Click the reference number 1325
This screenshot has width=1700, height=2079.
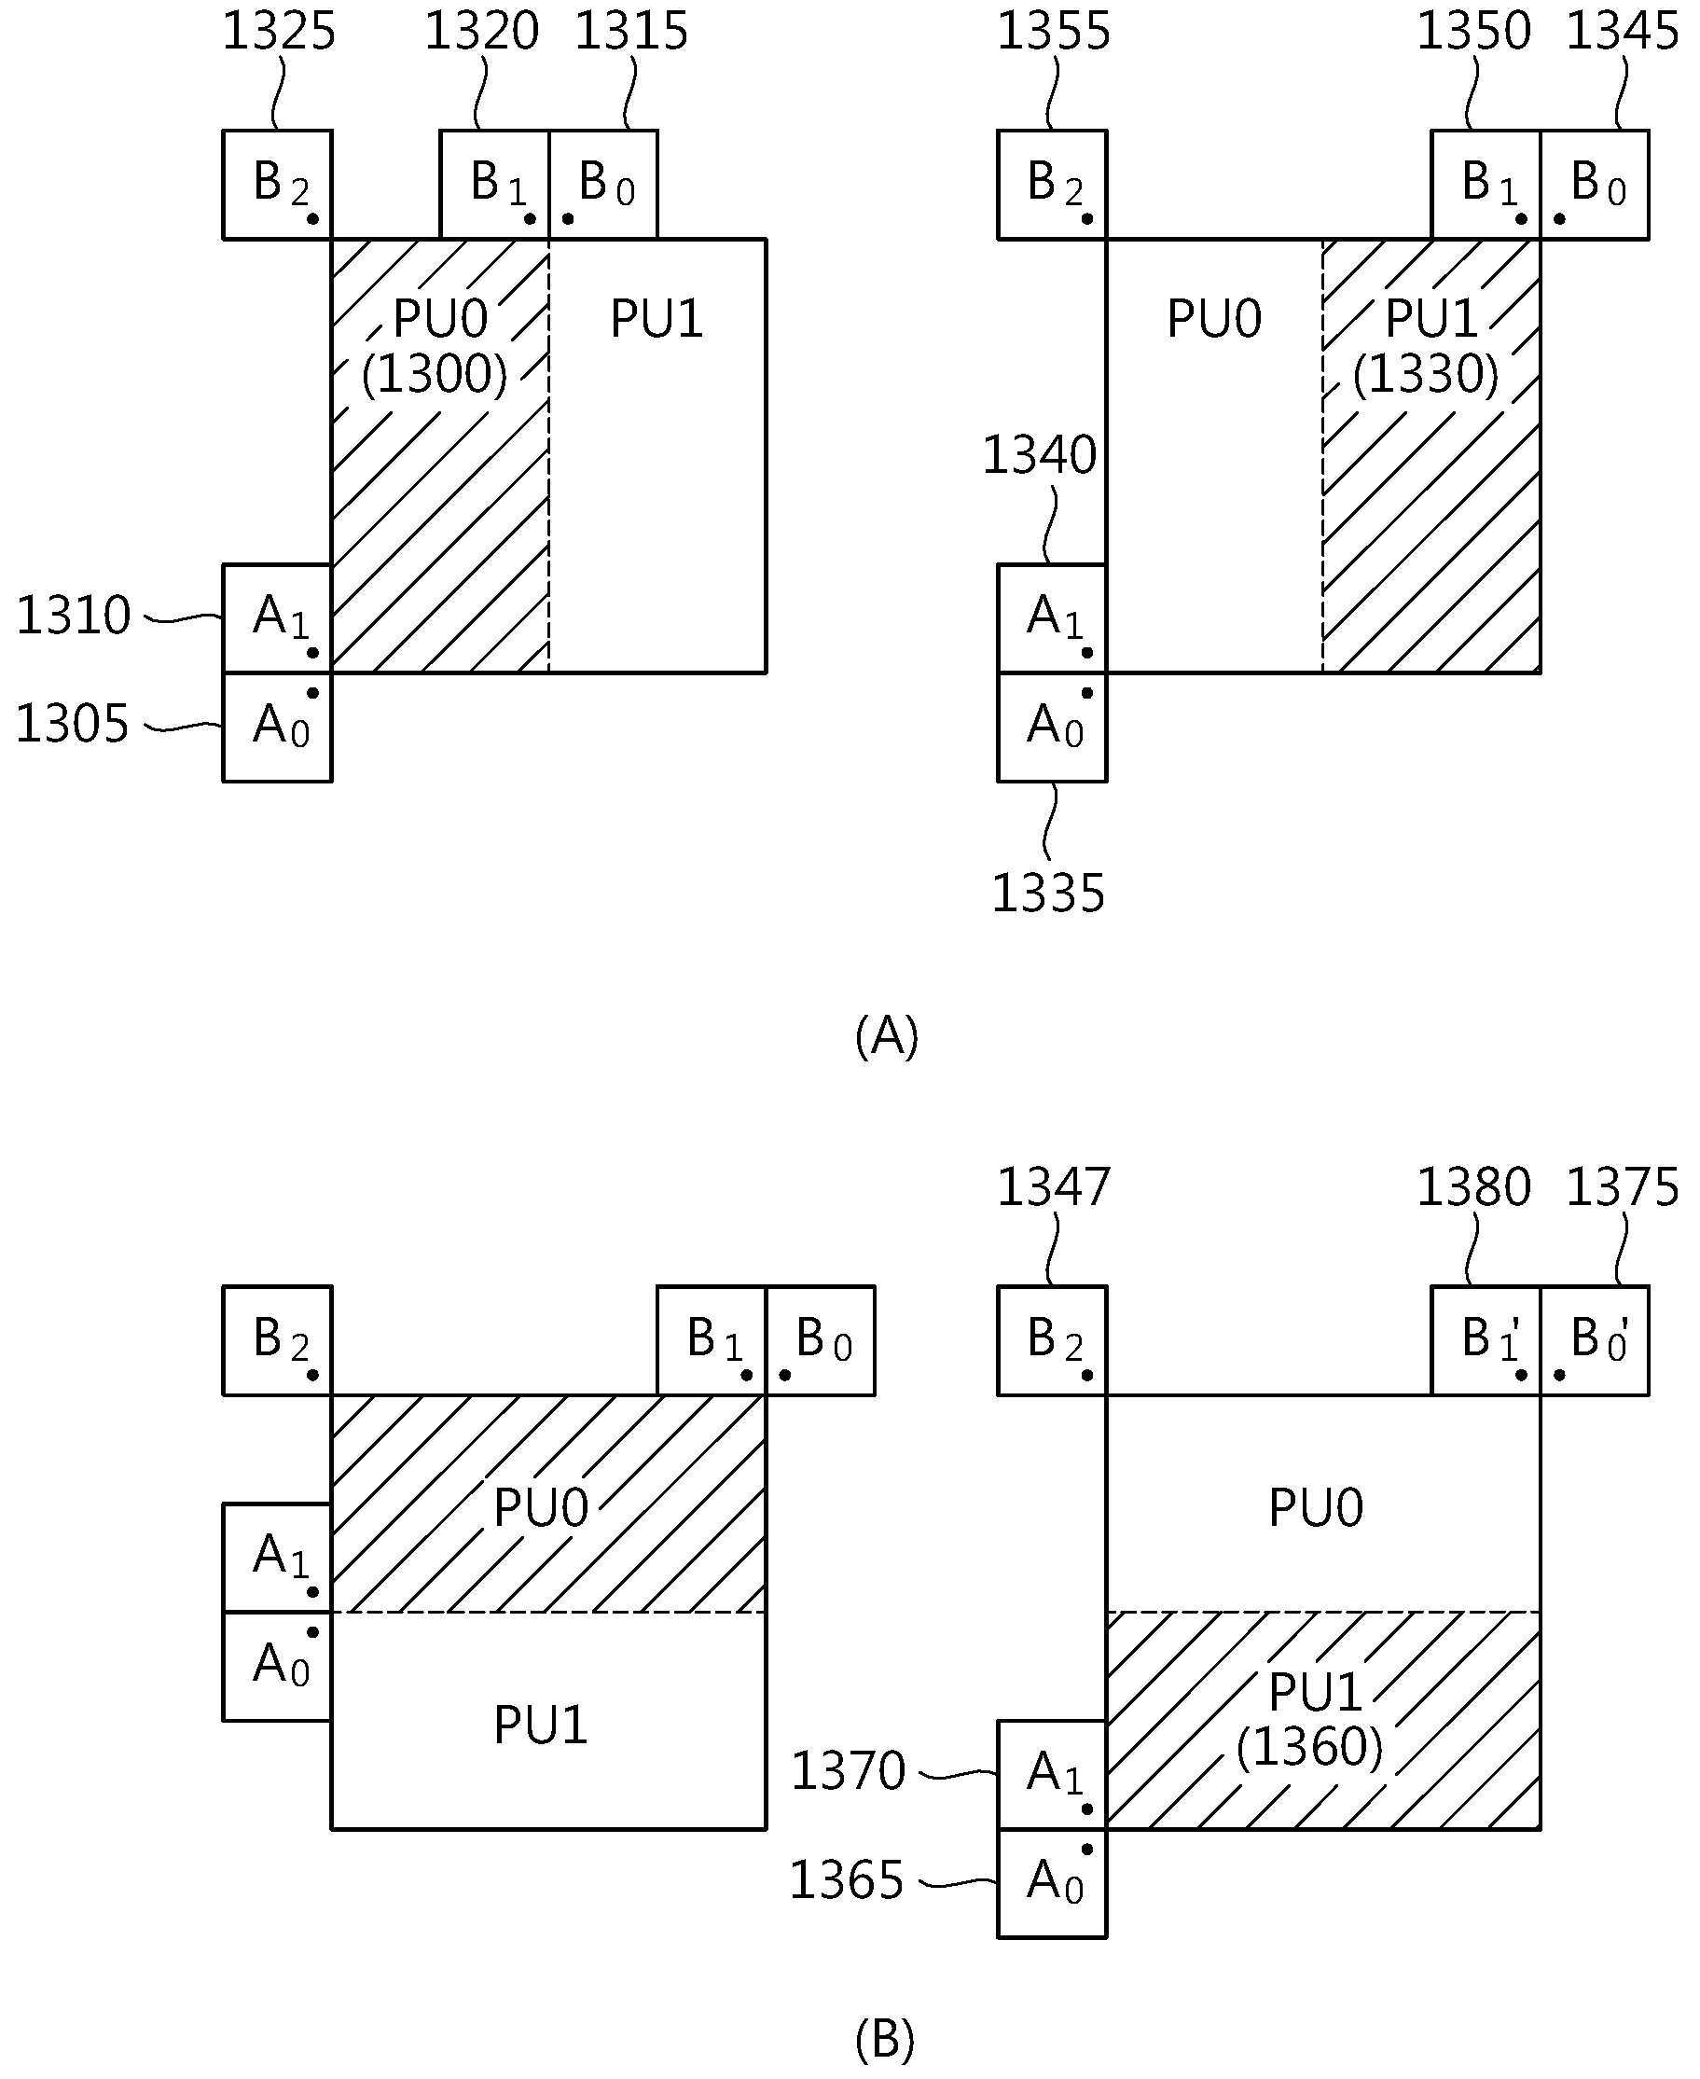[x=279, y=32]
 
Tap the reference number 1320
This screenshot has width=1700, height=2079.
[x=482, y=32]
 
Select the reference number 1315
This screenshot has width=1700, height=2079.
[x=631, y=32]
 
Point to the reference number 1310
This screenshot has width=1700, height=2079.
[x=74, y=616]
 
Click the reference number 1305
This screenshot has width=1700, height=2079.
[x=73, y=725]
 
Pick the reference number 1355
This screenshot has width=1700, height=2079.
[x=1054, y=32]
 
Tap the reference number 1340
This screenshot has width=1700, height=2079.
[x=1039, y=455]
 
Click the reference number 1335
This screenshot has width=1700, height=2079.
[x=1049, y=894]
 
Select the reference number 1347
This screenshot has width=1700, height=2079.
[x=1054, y=1187]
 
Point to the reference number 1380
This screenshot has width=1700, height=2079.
[x=1473, y=1187]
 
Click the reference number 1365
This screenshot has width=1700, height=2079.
[x=846, y=1880]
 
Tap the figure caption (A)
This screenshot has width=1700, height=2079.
[x=887, y=1036]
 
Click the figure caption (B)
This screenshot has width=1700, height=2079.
[x=885, y=2040]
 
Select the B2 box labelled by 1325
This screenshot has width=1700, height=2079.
[x=278, y=184]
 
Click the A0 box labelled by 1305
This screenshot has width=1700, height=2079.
[x=278, y=727]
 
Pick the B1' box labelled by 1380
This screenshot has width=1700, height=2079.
[x=1486, y=1339]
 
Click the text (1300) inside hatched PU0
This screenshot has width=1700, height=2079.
[x=435, y=373]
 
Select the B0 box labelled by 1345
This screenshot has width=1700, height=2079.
[x=1596, y=184]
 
